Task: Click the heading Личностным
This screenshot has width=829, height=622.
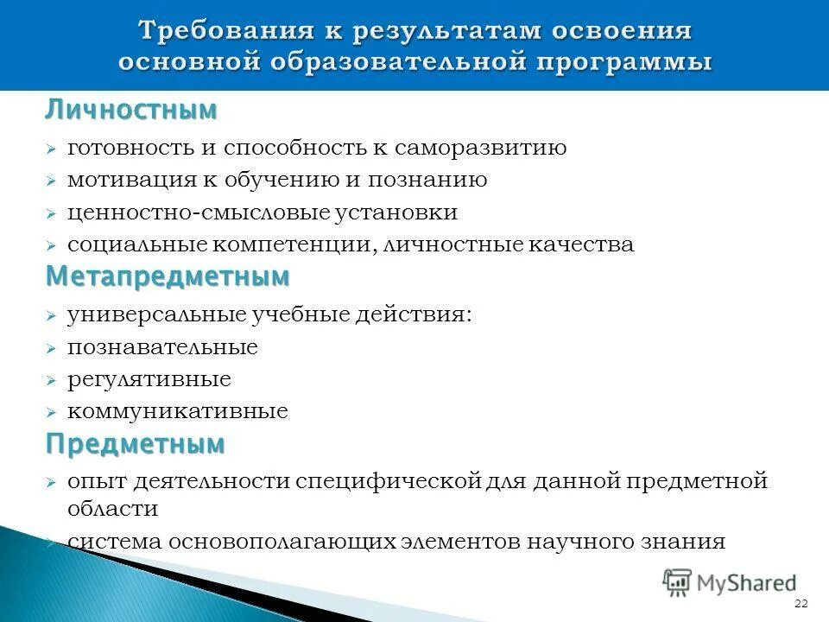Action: click(131, 111)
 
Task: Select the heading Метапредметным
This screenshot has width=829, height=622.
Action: click(168, 277)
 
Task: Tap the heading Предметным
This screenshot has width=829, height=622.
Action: click(136, 444)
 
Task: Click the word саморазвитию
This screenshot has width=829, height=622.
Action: click(482, 148)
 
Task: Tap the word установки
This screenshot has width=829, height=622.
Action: click(392, 213)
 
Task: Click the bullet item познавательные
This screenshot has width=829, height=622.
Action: click(162, 347)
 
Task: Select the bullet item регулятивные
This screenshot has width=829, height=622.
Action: click(149, 379)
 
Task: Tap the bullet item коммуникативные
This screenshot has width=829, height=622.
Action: click(178, 412)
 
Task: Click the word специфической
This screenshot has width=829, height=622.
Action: click(388, 481)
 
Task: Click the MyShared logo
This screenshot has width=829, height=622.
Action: click(730, 582)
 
